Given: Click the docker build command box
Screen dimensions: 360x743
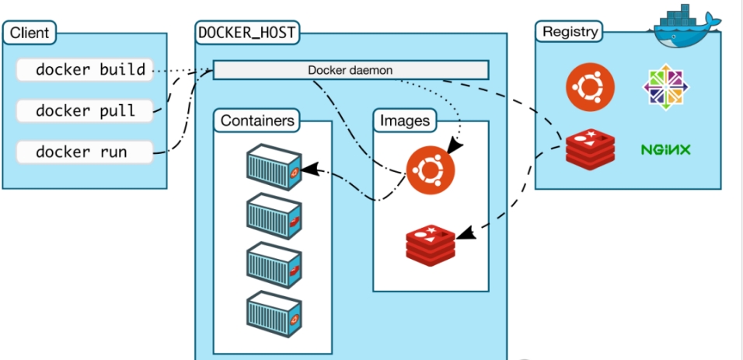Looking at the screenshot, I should pos(84,70).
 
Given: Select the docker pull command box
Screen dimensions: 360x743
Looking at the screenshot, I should pos(84,110).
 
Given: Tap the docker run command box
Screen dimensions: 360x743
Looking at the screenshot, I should pos(84,151).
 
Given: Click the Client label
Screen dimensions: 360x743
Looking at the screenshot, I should pos(30,33).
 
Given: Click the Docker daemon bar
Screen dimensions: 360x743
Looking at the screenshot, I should pos(351,70).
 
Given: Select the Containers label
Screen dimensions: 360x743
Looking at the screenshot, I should pos(257,121).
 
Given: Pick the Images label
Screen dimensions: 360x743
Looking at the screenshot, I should pos(405,121).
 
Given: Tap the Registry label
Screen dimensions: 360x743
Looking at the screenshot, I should pos(570,32).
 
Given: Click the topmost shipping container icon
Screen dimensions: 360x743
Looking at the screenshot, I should pos(273,166).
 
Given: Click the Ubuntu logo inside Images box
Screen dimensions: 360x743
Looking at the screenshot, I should pos(431,169).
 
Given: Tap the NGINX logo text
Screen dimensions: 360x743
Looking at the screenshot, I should pos(666,149).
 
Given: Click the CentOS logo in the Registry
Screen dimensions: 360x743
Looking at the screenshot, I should pos(666,86).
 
